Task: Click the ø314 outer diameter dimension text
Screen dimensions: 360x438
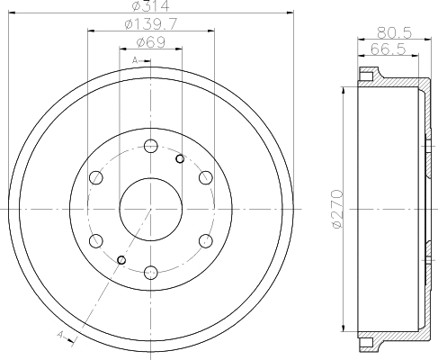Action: [x=150, y=7]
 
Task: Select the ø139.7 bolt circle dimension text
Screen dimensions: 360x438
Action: [x=150, y=24]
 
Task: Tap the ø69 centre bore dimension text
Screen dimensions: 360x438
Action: [x=150, y=41]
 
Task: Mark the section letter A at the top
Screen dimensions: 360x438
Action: [x=133, y=60]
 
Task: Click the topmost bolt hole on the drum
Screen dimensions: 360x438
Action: [x=150, y=146]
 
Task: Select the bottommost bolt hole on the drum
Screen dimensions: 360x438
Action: [x=150, y=270]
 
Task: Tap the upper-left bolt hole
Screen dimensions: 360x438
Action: [x=96, y=177]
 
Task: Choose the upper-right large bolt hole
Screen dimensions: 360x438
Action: [x=204, y=177]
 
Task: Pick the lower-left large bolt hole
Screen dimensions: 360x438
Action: [x=96, y=239]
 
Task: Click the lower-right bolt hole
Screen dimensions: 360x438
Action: [x=204, y=239]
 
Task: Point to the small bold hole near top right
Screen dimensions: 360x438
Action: [x=180, y=159]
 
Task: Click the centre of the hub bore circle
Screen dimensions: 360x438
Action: [x=150, y=208]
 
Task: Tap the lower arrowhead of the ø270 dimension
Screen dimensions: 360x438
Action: [x=344, y=328]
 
